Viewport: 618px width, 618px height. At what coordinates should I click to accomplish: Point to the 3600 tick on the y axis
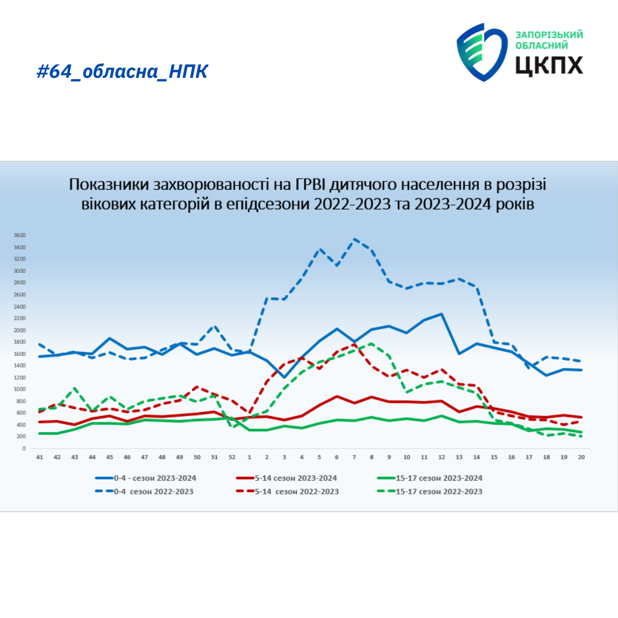[x=19, y=235]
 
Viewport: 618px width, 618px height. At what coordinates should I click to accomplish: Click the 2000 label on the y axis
[x=19, y=330]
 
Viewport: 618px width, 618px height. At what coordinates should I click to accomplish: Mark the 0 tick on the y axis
[x=24, y=449]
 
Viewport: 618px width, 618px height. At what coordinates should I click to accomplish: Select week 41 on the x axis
[x=39, y=457]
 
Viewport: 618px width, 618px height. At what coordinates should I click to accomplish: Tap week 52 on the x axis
[x=232, y=457]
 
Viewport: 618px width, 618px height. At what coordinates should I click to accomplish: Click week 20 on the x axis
[x=581, y=457]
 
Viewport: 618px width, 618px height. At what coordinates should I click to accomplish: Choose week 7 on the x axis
[x=354, y=457]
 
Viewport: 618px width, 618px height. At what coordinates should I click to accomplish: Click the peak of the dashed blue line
[x=354, y=239]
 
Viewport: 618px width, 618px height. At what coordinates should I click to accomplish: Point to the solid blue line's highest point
[x=442, y=314]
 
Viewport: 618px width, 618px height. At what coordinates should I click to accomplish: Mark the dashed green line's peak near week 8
[x=371, y=343]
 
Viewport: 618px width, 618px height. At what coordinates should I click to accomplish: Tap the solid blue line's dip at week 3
[x=284, y=377]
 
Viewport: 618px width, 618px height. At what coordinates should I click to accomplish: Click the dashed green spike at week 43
[x=75, y=388]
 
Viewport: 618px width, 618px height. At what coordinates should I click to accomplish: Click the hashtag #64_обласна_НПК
[x=122, y=72]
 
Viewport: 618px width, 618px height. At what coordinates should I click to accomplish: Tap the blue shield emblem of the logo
[x=481, y=51]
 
